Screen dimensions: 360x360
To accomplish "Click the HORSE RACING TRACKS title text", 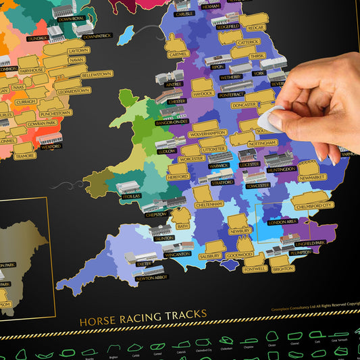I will coord(143,322).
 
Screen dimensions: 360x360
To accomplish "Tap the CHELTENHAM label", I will coord(208,203).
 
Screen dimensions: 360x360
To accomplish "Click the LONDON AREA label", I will coord(282,222).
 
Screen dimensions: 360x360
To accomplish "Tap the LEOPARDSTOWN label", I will coord(74,91).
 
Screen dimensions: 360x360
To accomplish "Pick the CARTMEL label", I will coord(177,54).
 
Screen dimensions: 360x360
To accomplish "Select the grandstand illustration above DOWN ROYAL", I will coord(65,10).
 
